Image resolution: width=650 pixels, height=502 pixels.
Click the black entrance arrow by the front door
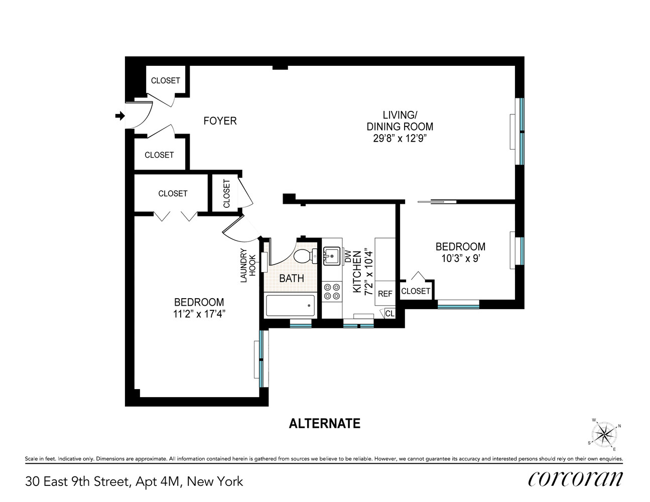click(120, 116)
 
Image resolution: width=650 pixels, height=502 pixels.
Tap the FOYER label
click(220, 121)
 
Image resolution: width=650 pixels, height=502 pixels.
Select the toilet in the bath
click(303, 256)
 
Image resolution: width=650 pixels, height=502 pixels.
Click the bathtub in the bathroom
click(290, 305)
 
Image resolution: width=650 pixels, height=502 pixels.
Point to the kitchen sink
click(331, 256)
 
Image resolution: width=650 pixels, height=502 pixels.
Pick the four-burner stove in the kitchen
click(331, 292)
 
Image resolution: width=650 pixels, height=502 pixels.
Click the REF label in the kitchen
click(385, 294)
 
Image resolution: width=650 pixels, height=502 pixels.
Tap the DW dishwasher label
click(347, 256)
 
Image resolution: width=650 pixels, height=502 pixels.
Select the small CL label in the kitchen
click(389, 314)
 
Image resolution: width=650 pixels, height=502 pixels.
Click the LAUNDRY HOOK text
click(248, 265)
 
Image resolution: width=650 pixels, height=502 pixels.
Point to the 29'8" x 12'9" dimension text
click(400, 139)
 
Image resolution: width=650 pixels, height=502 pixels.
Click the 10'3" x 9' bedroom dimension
click(460, 259)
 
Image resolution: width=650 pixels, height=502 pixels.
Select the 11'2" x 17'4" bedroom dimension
click(199, 314)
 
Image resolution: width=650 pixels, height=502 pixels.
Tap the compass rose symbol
click(604, 434)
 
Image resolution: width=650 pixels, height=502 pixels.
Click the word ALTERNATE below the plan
click(325, 424)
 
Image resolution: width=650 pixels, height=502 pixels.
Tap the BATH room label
click(292, 278)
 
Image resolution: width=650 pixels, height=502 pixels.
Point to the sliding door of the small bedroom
click(437, 202)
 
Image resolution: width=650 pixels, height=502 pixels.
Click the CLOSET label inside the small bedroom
click(416, 291)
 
